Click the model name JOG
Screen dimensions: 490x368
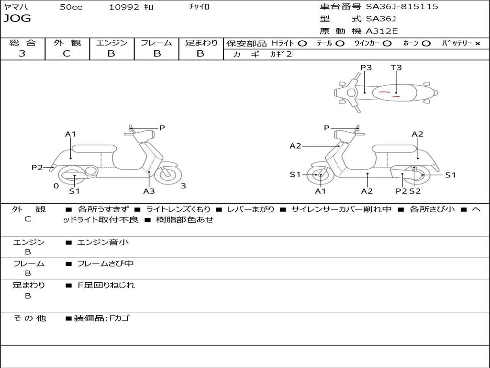click(x=17, y=19)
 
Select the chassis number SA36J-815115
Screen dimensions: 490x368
click(x=402, y=7)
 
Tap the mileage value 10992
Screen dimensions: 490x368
click(x=124, y=7)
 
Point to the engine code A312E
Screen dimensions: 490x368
click(x=382, y=31)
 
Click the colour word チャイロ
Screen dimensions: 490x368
click(x=199, y=7)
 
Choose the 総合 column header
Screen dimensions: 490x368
click(x=22, y=43)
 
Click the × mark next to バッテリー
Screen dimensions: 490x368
click(x=478, y=43)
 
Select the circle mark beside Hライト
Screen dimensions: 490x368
click(x=302, y=43)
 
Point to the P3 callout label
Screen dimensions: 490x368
click(x=366, y=68)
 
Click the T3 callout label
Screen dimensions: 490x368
click(x=396, y=68)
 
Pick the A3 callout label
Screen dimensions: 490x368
click(x=149, y=191)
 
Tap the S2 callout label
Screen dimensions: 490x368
click(x=415, y=191)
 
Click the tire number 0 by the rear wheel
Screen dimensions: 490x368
click(x=56, y=186)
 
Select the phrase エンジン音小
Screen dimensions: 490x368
click(x=103, y=242)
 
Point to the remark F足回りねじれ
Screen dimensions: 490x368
click(x=106, y=285)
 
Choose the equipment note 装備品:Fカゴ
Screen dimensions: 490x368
click(x=101, y=318)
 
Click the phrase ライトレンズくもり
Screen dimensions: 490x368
click(x=178, y=209)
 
